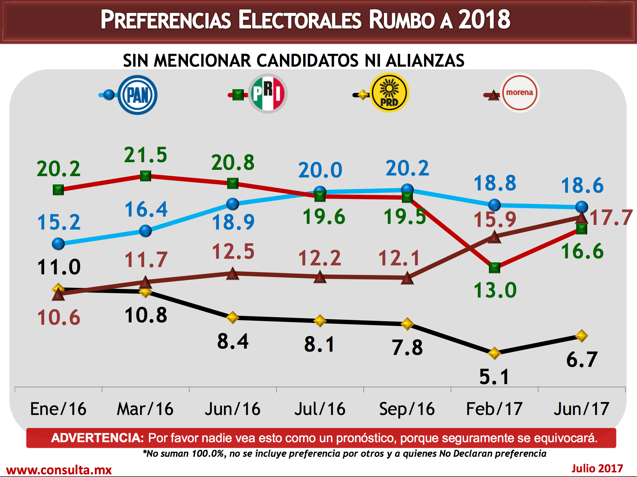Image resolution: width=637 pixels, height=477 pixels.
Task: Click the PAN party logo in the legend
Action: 137,95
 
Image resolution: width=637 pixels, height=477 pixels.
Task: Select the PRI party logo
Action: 268,94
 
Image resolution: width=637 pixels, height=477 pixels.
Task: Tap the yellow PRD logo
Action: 389,93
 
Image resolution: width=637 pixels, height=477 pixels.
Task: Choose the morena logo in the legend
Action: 519,93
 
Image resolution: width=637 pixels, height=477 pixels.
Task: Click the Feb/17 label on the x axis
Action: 494,409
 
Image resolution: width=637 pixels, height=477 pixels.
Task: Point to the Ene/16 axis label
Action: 58,409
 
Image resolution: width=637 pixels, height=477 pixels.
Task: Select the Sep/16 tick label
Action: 407,409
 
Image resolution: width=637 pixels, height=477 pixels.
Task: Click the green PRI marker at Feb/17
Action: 495,267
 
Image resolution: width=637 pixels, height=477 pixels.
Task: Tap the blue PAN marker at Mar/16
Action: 145,231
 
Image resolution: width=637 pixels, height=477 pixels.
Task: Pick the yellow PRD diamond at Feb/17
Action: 494,353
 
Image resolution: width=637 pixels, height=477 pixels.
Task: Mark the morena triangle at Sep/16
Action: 407,278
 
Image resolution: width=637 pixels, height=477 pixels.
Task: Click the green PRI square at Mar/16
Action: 145,176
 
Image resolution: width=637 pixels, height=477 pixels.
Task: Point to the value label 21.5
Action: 145,155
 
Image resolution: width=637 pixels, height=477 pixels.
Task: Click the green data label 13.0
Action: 495,290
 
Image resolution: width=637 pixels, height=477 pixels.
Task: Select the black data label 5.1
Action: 494,377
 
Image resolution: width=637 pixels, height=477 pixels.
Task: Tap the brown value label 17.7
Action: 611,218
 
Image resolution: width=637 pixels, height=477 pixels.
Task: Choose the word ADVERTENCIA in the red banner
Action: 97,438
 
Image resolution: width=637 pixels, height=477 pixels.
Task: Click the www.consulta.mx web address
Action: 59,470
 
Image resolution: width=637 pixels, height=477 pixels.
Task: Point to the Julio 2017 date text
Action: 597,468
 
